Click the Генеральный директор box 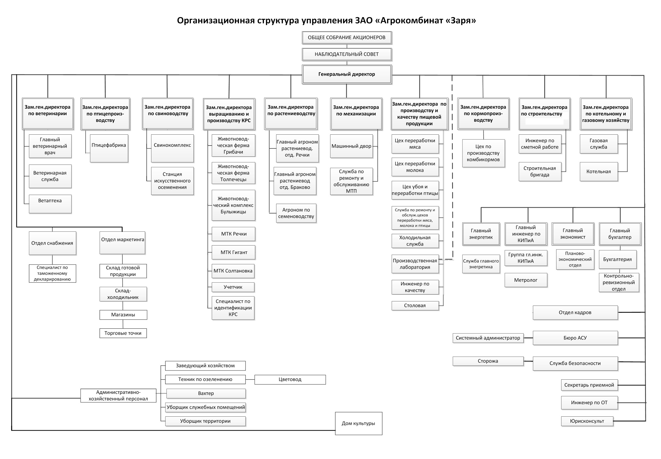coord(347,74)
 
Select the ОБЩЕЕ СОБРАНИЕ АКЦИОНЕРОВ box coord(347,37)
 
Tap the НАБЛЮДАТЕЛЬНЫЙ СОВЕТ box coord(347,54)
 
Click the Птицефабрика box coord(109,148)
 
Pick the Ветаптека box coord(50,204)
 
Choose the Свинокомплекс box coord(172,148)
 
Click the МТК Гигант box coord(233,252)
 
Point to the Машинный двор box coord(351,146)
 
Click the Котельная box coord(598,172)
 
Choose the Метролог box coord(525,280)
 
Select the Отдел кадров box coord(575,312)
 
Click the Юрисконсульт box coord(587,421)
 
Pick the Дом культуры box coord(358,423)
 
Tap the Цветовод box coord(290,379)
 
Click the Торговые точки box coord(123,333)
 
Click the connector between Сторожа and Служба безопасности coord(528,361)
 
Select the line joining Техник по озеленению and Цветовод coord(250,380)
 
